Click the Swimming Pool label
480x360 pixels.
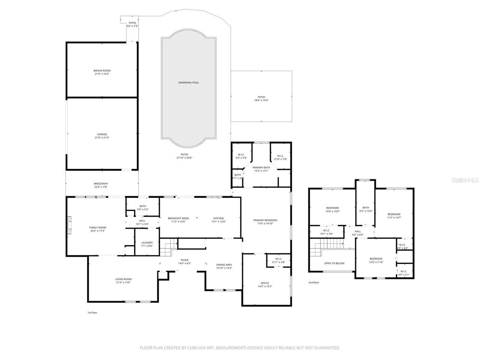coord(188,82)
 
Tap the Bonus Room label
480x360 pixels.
coord(102,70)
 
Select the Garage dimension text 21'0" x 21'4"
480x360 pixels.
coord(102,138)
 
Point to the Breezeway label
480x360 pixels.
coord(100,183)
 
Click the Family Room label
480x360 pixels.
coord(97,228)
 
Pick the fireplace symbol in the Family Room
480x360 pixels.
coord(69,225)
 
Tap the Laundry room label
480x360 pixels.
coord(147,243)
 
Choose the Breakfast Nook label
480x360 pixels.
coord(178,218)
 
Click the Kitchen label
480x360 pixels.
coord(219,218)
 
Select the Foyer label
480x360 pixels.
coord(184,260)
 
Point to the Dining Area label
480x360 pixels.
coord(224,265)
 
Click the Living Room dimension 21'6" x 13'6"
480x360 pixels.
coord(123,282)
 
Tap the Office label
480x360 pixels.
coord(265,283)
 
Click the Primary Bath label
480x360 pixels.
coord(261,167)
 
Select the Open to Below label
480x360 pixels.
coord(334,263)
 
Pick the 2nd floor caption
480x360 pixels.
coord(313,282)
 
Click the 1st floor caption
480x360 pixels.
coord(92,312)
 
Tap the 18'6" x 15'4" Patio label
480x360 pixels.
coord(261,100)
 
